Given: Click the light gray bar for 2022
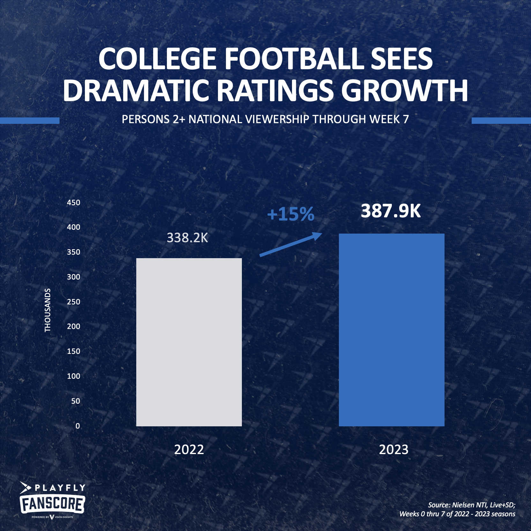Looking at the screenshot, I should click(x=189, y=342).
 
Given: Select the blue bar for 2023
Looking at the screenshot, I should click(x=392, y=330).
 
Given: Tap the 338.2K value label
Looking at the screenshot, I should click(x=187, y=238).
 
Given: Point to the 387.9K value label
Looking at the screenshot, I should click(x=391, y=211).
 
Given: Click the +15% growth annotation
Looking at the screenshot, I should click(x=291, y=214).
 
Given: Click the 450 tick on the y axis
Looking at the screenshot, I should click(x=73, y=203).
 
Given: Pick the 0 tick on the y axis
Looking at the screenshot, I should click(x=78, y=426).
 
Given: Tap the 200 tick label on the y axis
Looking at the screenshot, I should click(x=73, y=326).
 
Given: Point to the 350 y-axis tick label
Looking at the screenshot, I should click(x=73, y=252).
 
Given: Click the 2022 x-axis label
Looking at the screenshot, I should click(x=189, y=450).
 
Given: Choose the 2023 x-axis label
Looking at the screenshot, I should click(x=393, y=450).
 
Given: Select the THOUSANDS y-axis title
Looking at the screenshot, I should click(x=48, y=310).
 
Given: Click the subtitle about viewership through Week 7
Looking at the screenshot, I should click(x=265, y=119).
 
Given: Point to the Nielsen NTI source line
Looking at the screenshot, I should click(x=471, y=505).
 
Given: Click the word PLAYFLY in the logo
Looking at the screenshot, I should click(x=60, y=488).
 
